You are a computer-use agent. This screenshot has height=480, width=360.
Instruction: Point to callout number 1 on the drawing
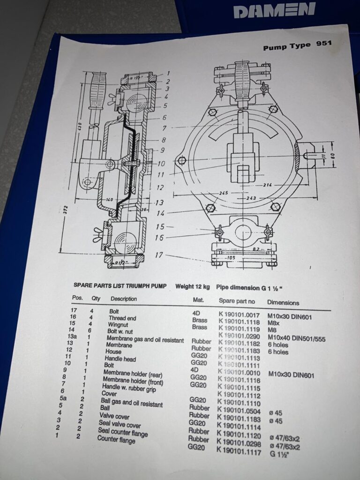(167, 73)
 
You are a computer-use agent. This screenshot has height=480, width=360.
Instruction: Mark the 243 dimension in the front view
(252, 198)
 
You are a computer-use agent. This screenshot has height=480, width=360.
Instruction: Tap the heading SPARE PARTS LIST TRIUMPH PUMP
(118, 285)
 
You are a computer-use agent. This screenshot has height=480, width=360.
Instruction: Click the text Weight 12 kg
(193, 286)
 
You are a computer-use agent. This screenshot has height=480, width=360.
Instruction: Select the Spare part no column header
(237, 300)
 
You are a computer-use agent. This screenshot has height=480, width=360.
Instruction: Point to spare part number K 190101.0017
(239, 314)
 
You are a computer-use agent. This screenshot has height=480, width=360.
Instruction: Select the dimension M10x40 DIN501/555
(302, 338)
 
